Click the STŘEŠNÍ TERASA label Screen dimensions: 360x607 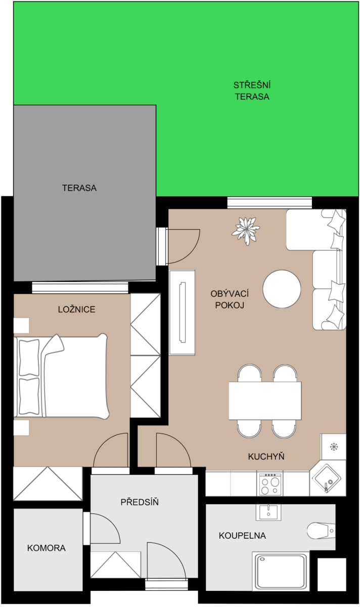(x=252, y=91)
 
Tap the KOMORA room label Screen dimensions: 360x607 (x=47, y=548)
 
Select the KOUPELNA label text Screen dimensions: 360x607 (x=242, y=536)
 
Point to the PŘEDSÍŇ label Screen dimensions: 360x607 (x=140, y=502)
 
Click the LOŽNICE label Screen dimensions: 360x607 (x=77, y=309)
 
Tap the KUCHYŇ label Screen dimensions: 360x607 (x=266, y=457)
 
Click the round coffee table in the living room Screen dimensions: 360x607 (x=282, y=289)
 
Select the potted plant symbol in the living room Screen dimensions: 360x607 (x=246, y=231)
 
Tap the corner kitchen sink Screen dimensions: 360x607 (x=328, y=479)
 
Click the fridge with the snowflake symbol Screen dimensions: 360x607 (x=333, y=447)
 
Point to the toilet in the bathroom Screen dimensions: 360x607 (x=321, y=531)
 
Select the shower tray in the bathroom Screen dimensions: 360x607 (x=281, y=571)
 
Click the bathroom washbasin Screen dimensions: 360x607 (x=268, y=512)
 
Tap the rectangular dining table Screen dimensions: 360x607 (x=265, y=401)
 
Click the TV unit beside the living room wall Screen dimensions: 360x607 (x=182, y=312)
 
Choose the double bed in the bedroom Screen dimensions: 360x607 (x=62, y=376)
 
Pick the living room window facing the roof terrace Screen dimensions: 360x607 (x=269, y=203)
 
